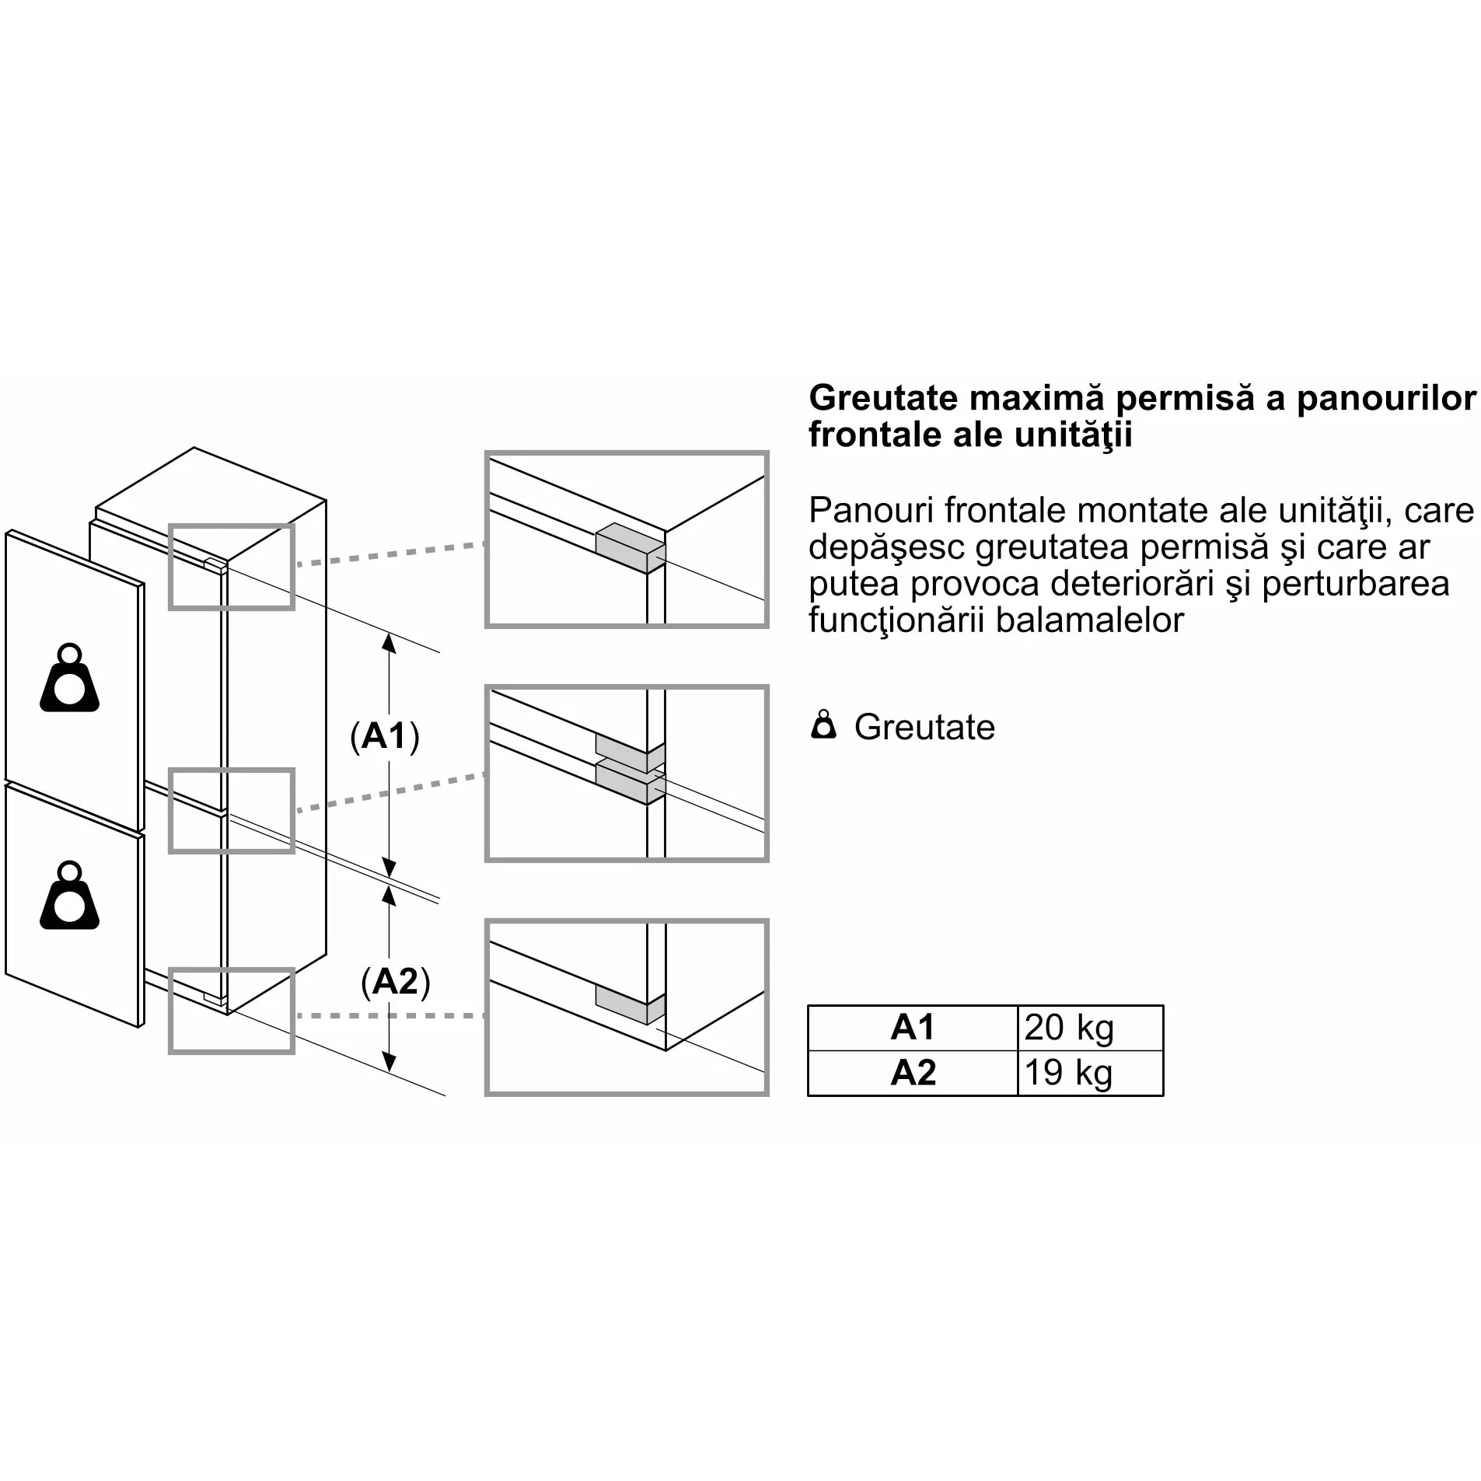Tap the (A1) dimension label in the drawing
385,735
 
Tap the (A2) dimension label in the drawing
395,982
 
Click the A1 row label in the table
913,1028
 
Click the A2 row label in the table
913,1073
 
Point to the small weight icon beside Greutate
823,725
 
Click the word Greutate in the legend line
924,728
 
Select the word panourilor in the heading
1386,398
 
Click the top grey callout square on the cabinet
232,566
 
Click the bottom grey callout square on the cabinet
232,1011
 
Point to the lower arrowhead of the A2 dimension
389,1063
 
